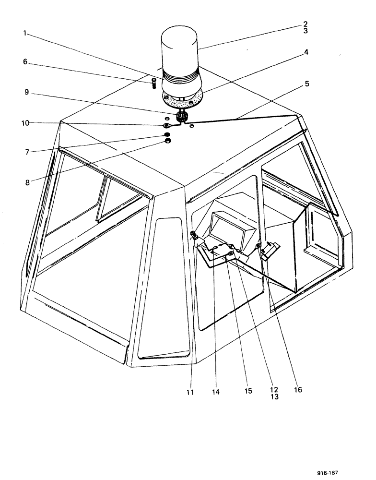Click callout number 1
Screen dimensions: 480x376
point(25,35)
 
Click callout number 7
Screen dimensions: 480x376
point(25,152)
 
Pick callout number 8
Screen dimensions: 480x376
point(25,168)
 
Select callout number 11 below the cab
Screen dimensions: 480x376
point(190,392)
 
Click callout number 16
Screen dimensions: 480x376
point(298,390)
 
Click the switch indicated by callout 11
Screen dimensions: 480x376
point(195,235)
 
